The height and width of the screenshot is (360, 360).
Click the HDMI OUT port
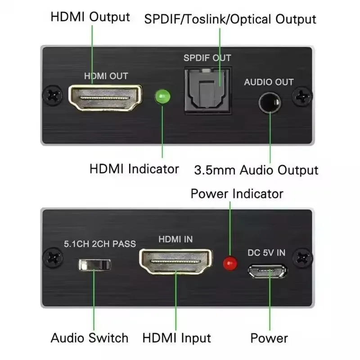pyautogui.click(x=105, y=98)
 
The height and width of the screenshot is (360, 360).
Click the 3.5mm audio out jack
pyautogui.click(x=269, y=103)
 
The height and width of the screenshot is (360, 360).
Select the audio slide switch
pyautogui.click(x=94, y=264)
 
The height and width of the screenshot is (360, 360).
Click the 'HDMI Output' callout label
pyautogui.click(x=90, y=17)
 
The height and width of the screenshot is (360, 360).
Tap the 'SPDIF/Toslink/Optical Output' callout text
pyautogui.click(x=230, y=19)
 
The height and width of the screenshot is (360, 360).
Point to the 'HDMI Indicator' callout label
pyautogui.click(x=134, y=169)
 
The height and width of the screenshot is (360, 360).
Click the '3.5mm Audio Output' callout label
pyautogui.click(x=256, y=170)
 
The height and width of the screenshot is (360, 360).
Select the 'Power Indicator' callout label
pyautogui.click(x=237, y=193)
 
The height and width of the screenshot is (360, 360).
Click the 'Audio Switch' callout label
pyautogui.click(x=89, y=338)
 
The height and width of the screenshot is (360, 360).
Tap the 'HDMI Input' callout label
pyautogui.click(x=177, y=338)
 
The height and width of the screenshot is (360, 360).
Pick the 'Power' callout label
pyautogui.click(x=269, y=338)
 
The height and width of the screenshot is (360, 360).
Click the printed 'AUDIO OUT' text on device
pyautogui.click(x=269, y=82)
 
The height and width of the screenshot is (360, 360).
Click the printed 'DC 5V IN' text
pyautogui.click(x=266, y=252)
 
